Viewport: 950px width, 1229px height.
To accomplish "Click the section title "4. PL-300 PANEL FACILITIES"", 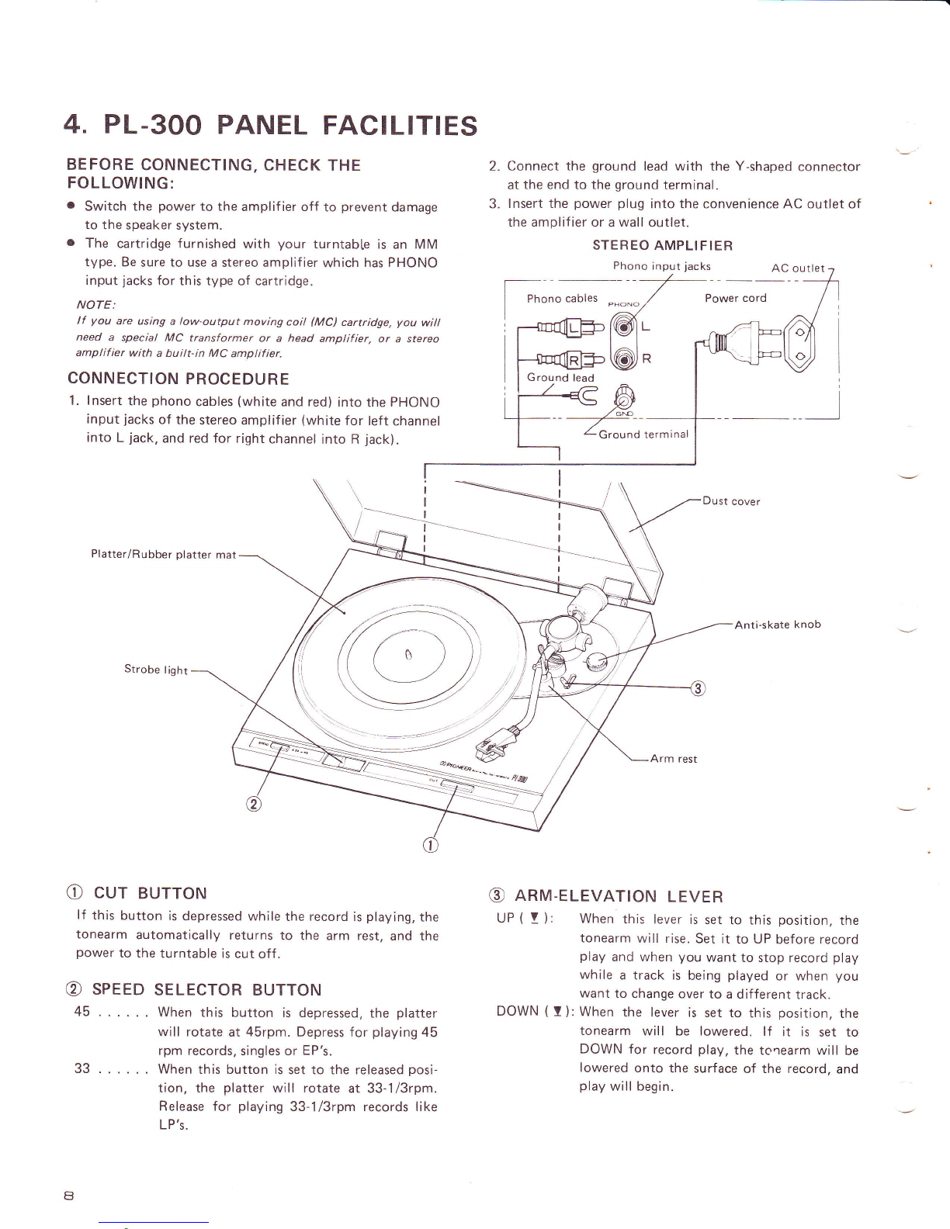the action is point(270,125).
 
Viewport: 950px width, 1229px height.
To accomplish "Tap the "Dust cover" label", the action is point(731,501).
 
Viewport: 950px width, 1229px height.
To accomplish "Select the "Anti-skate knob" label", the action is point(778,625).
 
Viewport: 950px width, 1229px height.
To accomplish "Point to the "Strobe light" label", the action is point(155,670).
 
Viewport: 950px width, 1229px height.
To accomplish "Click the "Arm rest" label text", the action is point(674,759).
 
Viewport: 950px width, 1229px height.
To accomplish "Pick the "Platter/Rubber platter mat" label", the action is point(164,555).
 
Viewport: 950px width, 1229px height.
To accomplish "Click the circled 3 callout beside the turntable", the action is point(699,688).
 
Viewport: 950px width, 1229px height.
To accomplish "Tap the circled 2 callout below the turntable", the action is point(254,805).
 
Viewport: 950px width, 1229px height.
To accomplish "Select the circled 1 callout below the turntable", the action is point(430,846).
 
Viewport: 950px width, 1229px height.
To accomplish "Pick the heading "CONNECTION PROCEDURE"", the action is point(179,379).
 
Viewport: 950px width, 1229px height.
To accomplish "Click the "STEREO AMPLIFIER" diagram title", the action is point(663,245).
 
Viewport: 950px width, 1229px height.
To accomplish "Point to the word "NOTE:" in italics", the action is point(95,305).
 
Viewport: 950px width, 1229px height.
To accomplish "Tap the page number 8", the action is point(69,1196).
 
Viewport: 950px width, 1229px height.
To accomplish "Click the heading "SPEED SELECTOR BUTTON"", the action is point(206,989).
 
